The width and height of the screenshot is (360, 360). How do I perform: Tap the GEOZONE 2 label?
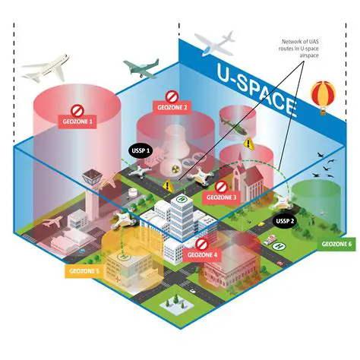[172, 109]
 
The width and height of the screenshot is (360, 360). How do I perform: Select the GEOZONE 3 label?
[219, 197]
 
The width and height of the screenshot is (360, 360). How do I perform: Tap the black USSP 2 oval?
[284, 222]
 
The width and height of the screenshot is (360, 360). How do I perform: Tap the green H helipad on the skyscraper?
[182, 199]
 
